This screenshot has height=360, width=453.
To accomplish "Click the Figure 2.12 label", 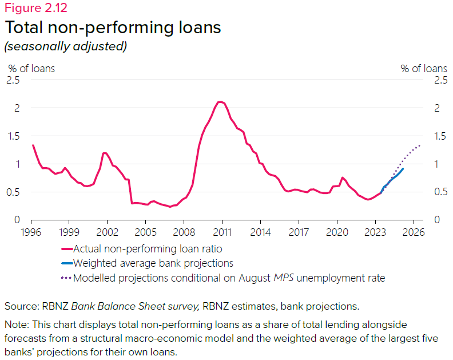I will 35,8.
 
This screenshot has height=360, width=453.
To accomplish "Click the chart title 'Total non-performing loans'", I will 113,27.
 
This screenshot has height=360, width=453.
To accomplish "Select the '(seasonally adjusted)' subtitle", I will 65,46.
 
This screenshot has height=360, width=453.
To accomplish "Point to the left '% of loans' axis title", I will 31,68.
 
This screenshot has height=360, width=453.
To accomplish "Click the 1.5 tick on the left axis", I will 13,136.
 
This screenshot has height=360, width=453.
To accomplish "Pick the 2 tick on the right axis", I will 438,108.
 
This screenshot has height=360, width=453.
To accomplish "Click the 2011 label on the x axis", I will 222,232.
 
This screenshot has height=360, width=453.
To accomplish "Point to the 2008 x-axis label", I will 184,232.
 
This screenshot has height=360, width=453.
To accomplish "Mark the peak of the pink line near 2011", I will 220,102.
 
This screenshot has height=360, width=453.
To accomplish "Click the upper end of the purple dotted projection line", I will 420,145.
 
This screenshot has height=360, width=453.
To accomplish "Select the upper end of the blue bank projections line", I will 403,169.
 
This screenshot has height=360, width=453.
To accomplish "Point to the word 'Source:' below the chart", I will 22,307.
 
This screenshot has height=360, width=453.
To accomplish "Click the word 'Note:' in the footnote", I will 17,325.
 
